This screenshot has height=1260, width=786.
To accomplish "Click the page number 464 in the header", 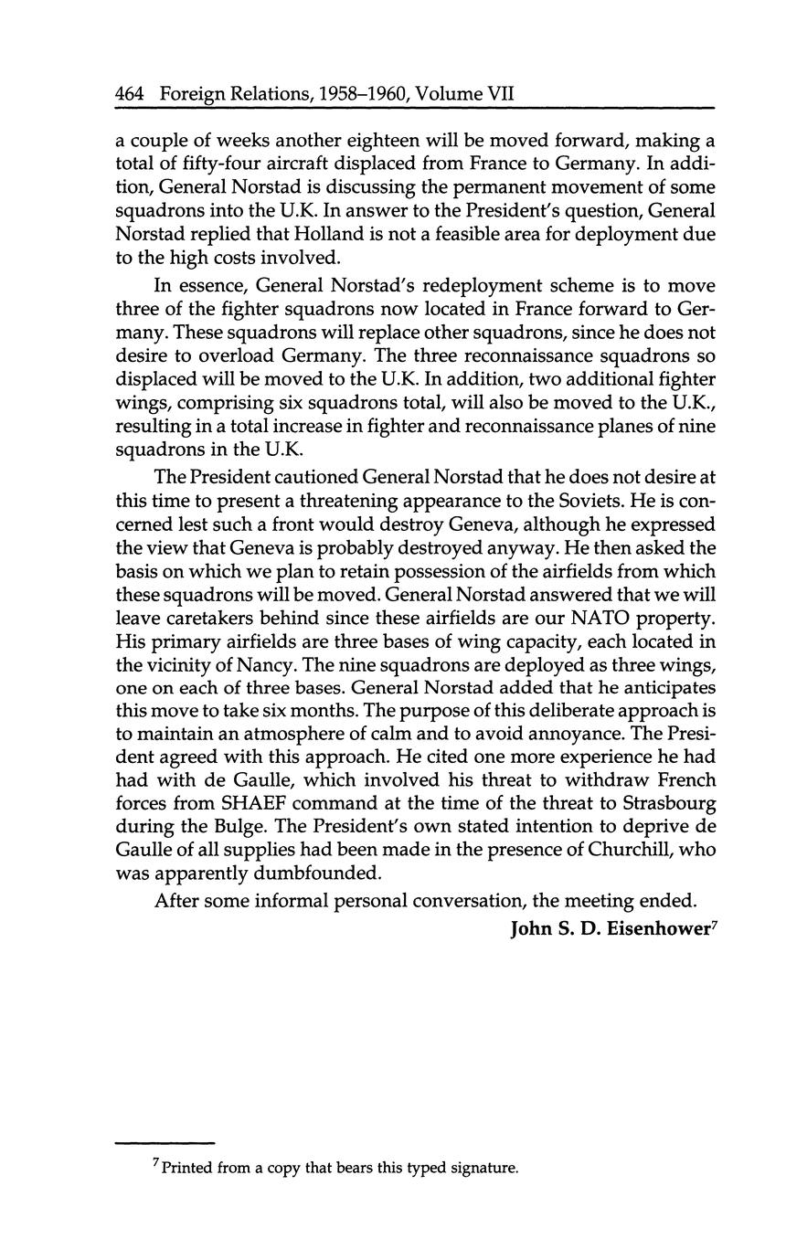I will coord(131,93).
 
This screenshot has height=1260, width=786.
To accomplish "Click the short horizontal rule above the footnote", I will coord(164,1142).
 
